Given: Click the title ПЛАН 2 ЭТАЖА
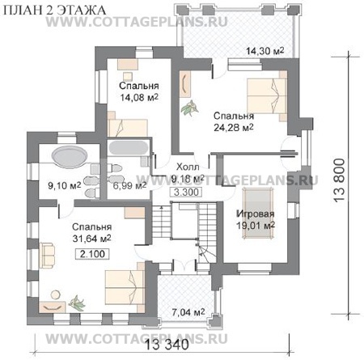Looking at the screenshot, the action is tap(55, 11).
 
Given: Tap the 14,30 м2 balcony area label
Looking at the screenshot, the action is tap(265, 51).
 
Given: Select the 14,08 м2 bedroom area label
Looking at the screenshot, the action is tap(139, 97).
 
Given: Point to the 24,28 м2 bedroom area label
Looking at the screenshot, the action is tap(234, 127).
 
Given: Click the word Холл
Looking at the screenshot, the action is tap(188, 167).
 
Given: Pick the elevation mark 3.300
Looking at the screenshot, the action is tap(186, 193).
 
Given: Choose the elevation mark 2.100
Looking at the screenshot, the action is tap(92, 254).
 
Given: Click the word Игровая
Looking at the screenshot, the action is tap(256, 214).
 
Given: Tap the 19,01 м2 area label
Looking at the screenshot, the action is tap(256, 226).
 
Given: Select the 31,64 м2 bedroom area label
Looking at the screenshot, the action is tap(91, 239).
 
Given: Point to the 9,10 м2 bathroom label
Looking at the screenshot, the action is tap(65, 185).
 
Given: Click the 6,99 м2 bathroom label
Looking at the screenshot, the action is tap(129, 185).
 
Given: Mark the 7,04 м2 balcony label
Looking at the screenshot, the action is tap(188, 312).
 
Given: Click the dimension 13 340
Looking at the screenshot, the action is tap(167, 345).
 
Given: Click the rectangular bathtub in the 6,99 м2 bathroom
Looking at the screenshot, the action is tap(128, 147).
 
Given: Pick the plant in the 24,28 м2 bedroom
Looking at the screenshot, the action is tap(190, 108).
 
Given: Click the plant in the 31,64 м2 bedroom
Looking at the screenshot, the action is tap(77, 303).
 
